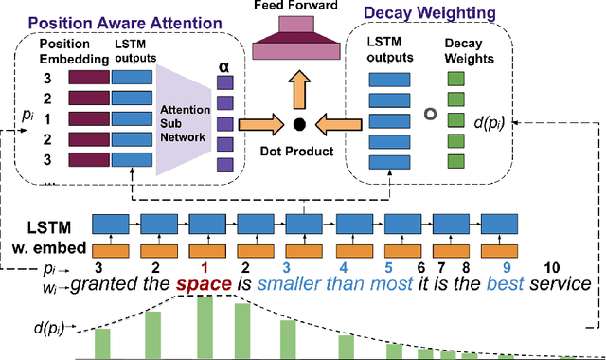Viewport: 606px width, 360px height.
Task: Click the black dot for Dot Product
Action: click(x=300, y=123)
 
